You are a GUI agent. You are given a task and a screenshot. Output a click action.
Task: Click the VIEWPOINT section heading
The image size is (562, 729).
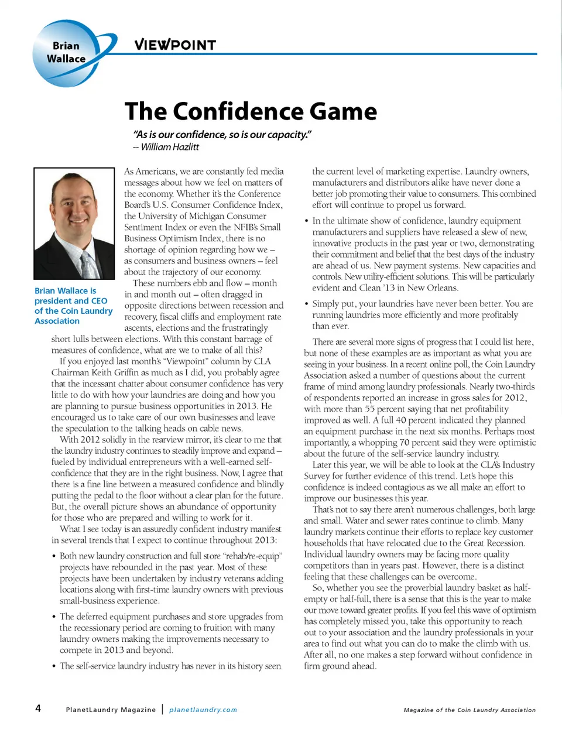175,45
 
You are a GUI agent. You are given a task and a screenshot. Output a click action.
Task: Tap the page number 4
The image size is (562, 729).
38,709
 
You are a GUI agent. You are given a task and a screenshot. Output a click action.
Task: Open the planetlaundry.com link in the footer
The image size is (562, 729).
203,710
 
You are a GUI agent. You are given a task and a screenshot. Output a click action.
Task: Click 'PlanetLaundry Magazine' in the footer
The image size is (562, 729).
111,710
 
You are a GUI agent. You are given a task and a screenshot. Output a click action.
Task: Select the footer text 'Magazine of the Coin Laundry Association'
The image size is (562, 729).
470,710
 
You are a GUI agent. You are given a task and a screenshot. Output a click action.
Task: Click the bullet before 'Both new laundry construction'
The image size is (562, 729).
54,556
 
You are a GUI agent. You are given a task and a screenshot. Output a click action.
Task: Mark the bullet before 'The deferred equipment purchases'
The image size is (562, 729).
54,617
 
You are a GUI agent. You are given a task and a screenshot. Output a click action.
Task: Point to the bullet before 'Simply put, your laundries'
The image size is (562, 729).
307,304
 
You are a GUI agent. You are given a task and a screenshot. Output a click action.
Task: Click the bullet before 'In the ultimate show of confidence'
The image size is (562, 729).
307,221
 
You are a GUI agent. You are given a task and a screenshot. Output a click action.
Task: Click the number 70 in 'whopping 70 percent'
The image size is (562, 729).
405,443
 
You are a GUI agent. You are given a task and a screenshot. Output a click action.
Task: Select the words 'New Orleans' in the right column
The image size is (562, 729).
436,288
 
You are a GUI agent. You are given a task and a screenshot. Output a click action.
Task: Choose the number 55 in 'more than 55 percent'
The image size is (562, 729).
369,409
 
